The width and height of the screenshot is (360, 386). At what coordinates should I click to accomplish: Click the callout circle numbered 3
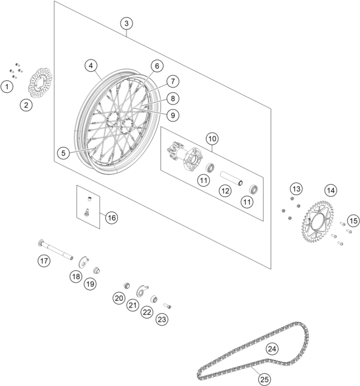tap(126, 23)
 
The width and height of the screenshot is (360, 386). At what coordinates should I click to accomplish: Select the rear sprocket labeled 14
tap(317, 221)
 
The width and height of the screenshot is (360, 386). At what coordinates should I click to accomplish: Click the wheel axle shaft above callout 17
tap(56, 249)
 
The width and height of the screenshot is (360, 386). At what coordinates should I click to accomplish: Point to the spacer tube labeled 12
tap(231, 179)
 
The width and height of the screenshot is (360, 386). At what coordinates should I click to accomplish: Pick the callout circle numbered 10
tap(212, 139)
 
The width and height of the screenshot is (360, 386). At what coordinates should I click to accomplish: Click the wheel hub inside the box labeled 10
tap(185, 154)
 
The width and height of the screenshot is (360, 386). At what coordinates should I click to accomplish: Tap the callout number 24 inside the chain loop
tap(272, 349)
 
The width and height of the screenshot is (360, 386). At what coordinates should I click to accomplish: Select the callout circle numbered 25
tap(265, 379)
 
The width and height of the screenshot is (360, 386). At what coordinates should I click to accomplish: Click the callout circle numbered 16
tap(111, 218)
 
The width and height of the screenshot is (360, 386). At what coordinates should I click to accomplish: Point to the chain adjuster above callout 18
tap(83, 262)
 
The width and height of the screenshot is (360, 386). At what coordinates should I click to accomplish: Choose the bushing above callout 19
tap(96, 271)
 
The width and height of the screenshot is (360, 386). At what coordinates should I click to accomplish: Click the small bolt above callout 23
tap(167, 306)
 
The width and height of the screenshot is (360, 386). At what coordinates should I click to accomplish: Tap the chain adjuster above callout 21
tap(142, 291)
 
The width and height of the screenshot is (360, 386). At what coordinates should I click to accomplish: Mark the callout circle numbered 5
tap(63, 153)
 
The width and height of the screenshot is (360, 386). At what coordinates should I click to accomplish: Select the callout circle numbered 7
tap(173, 81)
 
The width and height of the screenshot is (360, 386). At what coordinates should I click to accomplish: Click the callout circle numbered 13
tap(296, 189)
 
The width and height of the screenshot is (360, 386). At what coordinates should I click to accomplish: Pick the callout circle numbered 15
tap(353, 221)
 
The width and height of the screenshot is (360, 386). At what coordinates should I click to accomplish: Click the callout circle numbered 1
tap(7, 87)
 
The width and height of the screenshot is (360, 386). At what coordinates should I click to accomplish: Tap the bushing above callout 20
tap(126, 286)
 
